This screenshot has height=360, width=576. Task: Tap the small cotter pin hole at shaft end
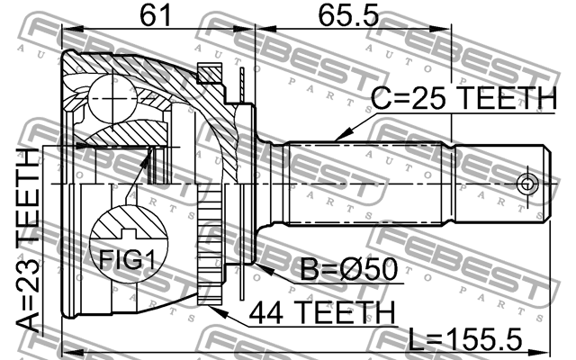coord(526,184)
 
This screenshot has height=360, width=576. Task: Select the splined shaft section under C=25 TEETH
coord(369,184)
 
